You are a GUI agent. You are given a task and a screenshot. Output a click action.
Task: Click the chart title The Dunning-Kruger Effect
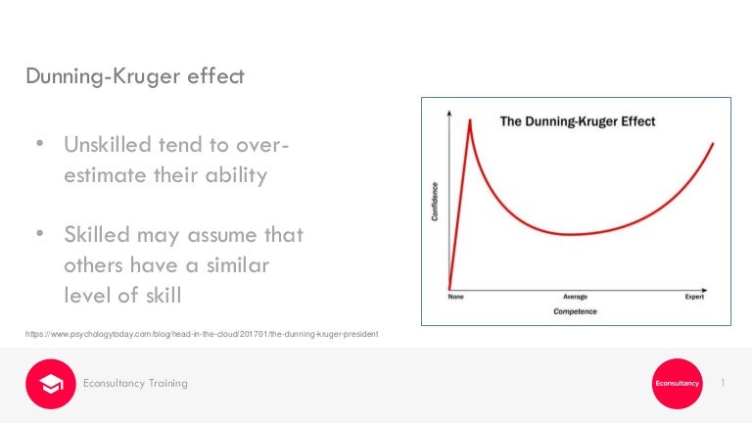tap(578, 121)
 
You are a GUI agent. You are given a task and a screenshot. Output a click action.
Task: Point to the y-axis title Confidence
tap(435, 201)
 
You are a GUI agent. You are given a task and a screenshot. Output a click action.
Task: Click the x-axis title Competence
tap(576, 311)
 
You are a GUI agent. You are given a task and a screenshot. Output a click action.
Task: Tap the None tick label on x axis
tap(455, 297)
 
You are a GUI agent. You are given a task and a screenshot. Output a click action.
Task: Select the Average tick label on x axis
tap(575, 297)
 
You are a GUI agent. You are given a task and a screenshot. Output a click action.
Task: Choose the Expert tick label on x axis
tap(693, 297)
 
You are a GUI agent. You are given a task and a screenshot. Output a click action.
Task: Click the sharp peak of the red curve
tap(470, 120)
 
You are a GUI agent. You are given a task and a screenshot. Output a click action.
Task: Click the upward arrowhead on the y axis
tap(448, 114)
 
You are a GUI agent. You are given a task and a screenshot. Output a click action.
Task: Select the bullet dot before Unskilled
tap(40, 145)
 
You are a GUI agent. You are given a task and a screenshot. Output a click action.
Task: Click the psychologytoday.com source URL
tap(202, 335)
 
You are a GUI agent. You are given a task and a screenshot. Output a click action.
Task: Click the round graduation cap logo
tap(50, 383)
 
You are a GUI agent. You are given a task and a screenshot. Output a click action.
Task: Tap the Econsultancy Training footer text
tap(135, 383)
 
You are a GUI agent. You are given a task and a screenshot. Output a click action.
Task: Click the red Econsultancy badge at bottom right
tap(677, 383)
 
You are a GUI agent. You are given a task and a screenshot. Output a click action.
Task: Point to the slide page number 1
tap(722, 383)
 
